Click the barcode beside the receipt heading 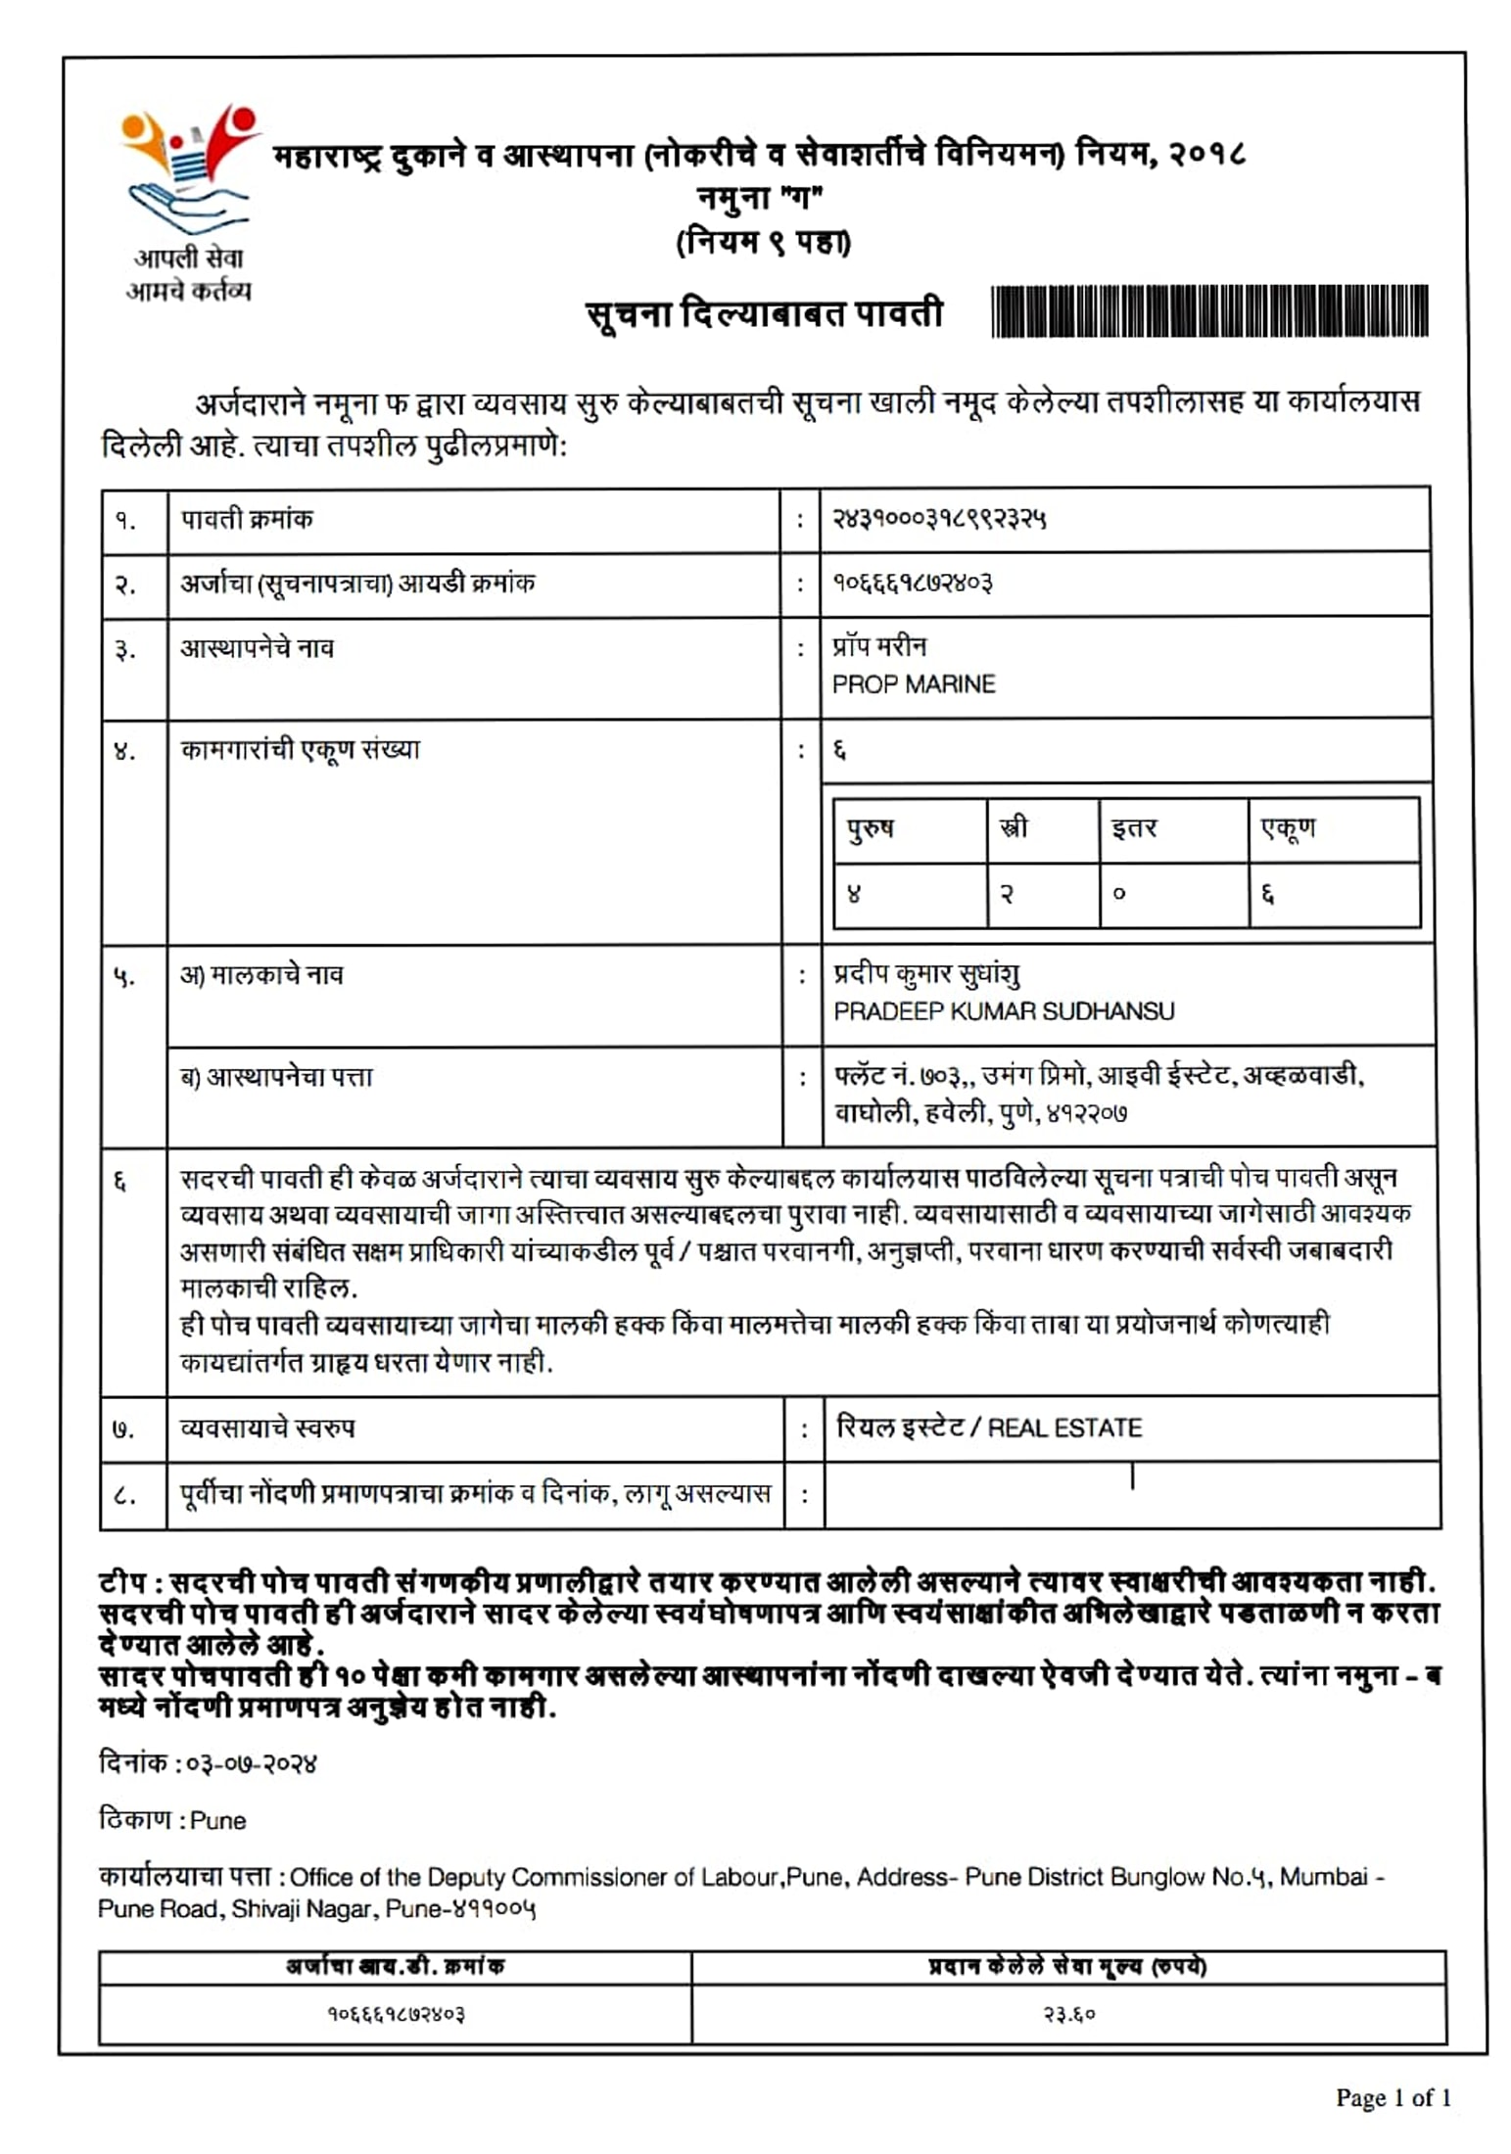(1209, 311)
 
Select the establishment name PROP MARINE (913, 684)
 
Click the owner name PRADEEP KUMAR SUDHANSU (1003, 1011)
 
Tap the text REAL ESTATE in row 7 (1064, 1428)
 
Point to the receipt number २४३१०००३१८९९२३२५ (938, 519)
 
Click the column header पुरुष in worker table (870, 828)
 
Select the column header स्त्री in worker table (1014, 828)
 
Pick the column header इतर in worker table (1134, 828)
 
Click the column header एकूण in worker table (1288, 828)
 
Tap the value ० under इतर (1119, 894)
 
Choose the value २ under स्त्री (1006, 894)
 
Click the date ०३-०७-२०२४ (252, 1764)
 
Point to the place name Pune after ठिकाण (217, 1821)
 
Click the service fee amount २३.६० (1068, 2014)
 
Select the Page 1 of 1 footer (1393, 2097)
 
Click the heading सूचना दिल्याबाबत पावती (764, 314)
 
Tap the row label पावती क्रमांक (247, 519)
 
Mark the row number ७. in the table (123, 1429)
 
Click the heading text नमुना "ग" (761, 198)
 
